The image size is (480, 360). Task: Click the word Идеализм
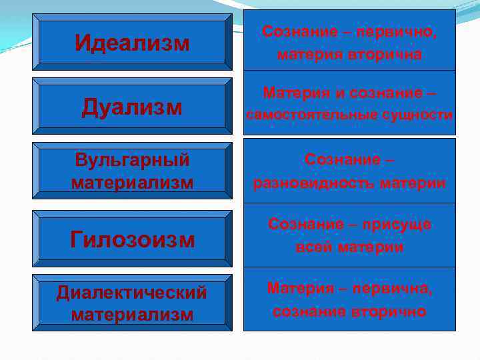point(132,43)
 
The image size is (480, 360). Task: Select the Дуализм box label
point(132,107)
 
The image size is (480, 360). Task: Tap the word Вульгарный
point(132,160)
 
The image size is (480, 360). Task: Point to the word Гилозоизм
point(132,239)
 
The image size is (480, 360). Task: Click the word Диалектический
point(132,292)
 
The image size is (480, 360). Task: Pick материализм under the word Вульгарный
point(132,182)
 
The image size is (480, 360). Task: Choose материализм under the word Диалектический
point(132,314)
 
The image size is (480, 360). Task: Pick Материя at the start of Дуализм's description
point(291,93)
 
